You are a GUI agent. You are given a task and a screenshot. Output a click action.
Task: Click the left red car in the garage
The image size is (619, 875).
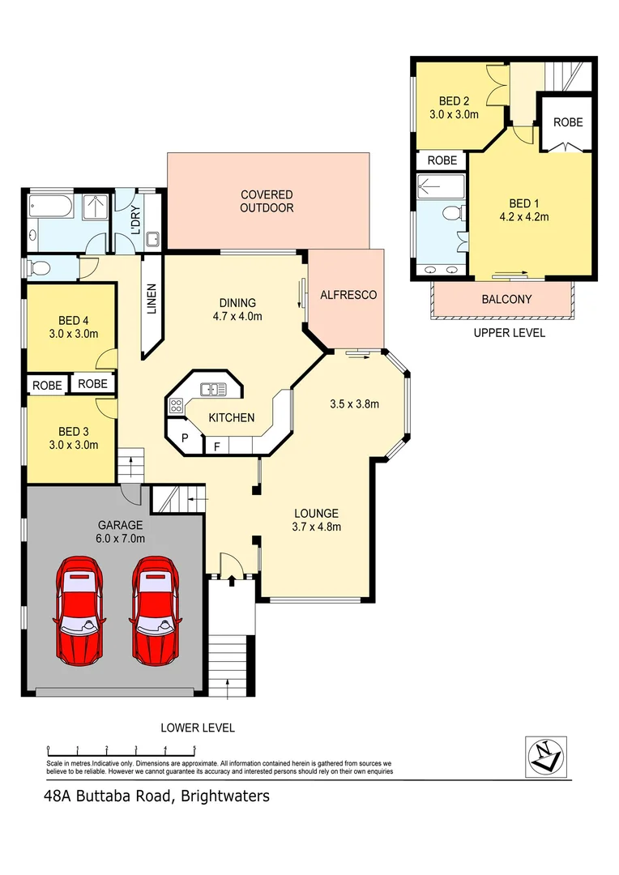[80, 608]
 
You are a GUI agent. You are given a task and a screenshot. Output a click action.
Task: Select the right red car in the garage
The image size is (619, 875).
[156, 608]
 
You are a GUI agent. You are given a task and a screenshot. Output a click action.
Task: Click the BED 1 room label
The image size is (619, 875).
[523, 203]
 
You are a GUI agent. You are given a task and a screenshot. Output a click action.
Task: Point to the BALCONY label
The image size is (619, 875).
[506, 299]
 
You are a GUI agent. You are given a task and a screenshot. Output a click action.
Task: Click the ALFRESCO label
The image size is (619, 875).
[348, 295]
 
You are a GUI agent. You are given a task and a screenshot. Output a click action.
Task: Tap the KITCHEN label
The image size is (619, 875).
[232, 418]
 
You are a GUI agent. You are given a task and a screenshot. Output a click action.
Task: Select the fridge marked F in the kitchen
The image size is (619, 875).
[216, 446]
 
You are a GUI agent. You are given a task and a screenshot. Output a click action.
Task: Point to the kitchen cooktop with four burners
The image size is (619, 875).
[176, 406]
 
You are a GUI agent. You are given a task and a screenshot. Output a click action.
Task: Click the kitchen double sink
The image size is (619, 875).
[213, 390]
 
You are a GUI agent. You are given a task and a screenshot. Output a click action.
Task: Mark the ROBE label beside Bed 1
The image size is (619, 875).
[567, 122]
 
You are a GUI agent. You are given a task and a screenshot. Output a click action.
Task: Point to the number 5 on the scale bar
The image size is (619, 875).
[194, 749]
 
